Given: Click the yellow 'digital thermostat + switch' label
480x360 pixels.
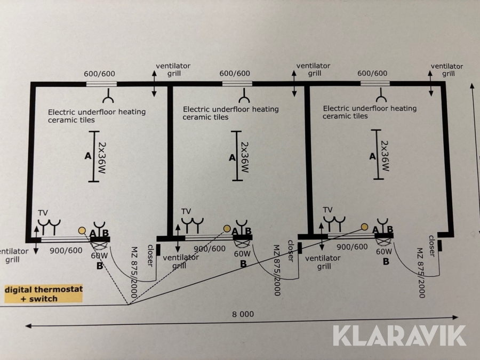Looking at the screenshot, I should click(43, 294).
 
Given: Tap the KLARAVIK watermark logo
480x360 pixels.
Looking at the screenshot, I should click(399, 335).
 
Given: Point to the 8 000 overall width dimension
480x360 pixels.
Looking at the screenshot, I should click(243, 314).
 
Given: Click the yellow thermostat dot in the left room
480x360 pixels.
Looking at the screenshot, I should click(82, 230).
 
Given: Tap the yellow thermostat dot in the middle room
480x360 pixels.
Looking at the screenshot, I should click(227, 229).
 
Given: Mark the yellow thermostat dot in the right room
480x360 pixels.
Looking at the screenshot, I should click(365, 227).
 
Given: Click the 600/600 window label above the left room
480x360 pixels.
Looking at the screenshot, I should click(100, 74).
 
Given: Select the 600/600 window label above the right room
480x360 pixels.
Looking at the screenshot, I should click(372, 73).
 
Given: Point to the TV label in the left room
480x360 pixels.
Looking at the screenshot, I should click(43, 213).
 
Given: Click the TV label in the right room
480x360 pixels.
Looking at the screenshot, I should click(327, 210).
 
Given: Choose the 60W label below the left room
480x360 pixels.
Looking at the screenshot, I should click(99, 255).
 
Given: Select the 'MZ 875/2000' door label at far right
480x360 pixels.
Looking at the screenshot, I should click(421, 272).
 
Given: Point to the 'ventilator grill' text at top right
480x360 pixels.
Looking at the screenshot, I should click(446, 69).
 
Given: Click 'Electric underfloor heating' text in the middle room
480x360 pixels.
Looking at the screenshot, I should click(230, 109).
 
